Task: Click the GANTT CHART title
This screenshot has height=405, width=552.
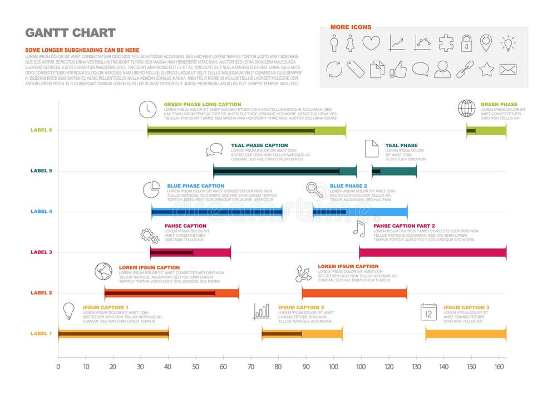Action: tap(70, 32)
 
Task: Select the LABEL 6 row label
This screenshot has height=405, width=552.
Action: tap(41, 130)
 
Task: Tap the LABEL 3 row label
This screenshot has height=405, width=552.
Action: tap(41, 252)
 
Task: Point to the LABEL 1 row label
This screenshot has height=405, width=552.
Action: tap(41, 333)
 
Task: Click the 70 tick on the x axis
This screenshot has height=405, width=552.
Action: tap(250, 367)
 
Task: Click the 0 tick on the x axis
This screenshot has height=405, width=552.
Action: tap(58, 367)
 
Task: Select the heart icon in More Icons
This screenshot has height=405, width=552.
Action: tap(371, 43)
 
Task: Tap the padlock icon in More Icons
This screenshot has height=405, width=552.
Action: tap(466, 43)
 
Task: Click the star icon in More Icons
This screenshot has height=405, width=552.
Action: tap(486, 69)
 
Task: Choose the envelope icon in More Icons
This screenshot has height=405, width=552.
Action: tap(507, 69)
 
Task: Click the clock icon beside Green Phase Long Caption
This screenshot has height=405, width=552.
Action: tap(147, 109)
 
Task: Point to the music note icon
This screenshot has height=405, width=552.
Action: tap(359, 228)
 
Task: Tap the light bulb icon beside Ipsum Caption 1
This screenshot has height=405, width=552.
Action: tap(68, 311)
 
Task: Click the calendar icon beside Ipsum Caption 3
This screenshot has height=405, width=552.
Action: tap(429, 312)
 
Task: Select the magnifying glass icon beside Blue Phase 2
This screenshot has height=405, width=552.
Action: tap(315, 191)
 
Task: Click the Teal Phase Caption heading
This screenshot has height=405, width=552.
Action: tap(259, 145)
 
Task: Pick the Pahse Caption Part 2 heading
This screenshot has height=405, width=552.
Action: tap(404, 226)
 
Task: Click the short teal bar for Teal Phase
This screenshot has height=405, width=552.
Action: tap(394, 171)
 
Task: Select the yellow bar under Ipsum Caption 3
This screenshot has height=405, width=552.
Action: tap(465, 334)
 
